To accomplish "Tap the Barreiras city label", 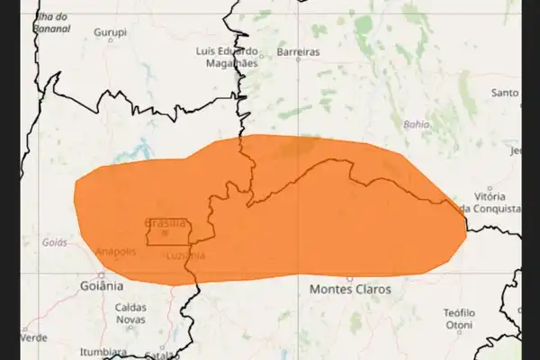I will click(298, 52).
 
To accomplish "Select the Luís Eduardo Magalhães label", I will click(227, 57).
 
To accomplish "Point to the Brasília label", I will click(165, 222).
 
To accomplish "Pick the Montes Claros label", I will click(350, 290).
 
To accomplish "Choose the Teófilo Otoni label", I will click(459, 319).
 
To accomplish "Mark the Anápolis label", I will click(114, 251).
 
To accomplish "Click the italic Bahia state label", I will click(417, 124).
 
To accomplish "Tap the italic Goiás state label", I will click(54, 243).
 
